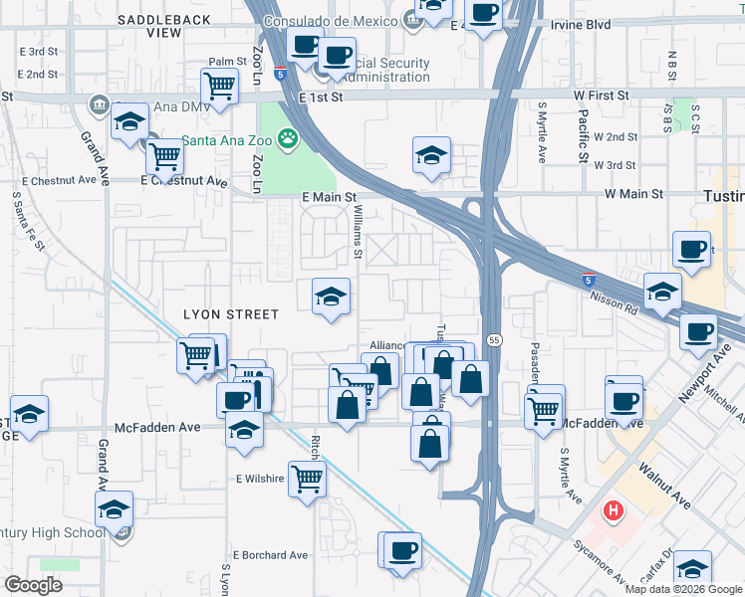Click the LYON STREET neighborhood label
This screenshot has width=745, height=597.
pos(231,314)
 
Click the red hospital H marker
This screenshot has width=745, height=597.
pos(614,512)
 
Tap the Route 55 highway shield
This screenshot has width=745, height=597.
pos(494,340)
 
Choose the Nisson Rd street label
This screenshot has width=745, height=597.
pos(614,301)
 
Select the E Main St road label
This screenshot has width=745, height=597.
pos(330,198)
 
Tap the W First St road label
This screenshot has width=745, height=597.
pos(594,96)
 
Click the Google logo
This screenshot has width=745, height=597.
pos(33,585)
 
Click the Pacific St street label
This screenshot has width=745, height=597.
pos(581,135)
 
